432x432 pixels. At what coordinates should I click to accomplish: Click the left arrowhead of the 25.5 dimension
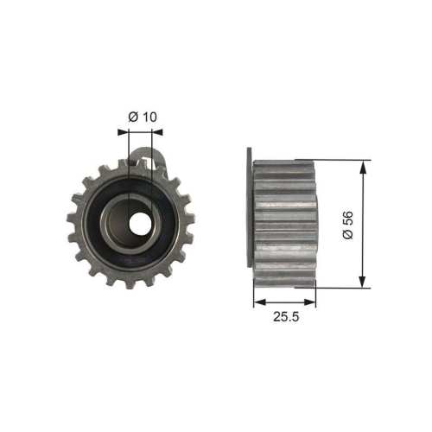[x=257, y=302]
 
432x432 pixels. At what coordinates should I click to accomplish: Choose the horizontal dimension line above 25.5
[x=285, y=302]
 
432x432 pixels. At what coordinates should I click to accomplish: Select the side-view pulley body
[x=287, y=222]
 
